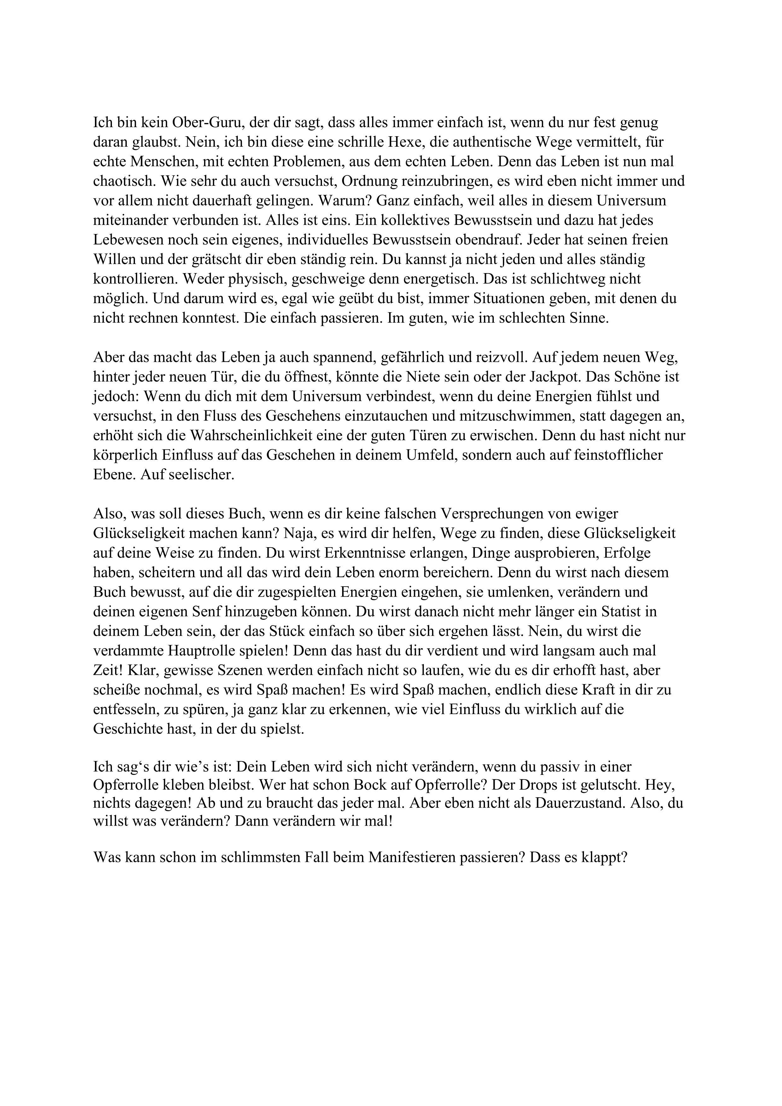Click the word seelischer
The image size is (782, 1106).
(x=203, y=475)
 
